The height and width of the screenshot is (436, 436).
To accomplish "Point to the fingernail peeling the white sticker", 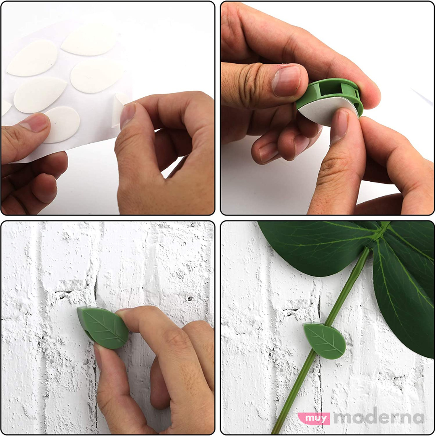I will tap(128, 115).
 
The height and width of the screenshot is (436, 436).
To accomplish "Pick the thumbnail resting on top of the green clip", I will tap(287, 80).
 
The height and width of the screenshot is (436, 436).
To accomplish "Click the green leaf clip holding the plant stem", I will tap(325, 341).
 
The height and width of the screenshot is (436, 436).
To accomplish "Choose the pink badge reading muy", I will tap(314, 418).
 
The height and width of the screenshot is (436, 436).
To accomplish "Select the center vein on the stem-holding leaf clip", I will tap(325, 341).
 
